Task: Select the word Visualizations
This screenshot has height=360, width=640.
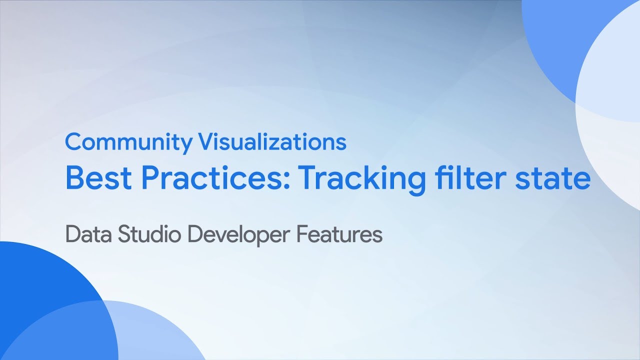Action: (272, 142)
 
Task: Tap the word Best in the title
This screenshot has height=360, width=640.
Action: (96, 178)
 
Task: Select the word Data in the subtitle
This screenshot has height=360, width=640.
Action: (88, 234)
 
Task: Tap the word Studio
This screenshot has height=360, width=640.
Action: (150, 234)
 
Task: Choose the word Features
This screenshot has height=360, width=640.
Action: (339, 234)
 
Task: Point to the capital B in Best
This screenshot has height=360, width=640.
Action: (74, 178)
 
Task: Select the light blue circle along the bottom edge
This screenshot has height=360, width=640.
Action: (150, 335)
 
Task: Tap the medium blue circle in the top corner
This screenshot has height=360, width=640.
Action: (555, 40)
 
